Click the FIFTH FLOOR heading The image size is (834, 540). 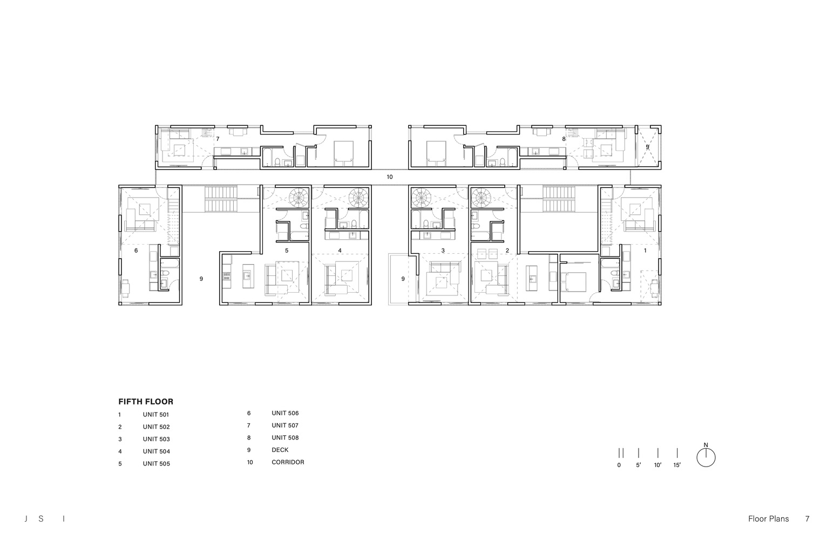[146, 401]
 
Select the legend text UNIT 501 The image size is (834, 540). [155, 415]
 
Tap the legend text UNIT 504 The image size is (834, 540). [157, 451]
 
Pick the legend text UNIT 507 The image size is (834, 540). [285, 426]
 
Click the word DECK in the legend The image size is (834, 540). [280, 450]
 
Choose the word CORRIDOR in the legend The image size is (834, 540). [288, 462]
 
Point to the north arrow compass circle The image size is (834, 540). [706, 457]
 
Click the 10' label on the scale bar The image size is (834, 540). [657, 465]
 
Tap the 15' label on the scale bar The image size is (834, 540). [677, 465]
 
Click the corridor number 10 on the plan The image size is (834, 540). [389, 177]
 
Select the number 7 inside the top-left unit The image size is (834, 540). [218, 139]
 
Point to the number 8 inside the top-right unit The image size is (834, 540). [564, 139]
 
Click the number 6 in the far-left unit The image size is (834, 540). [136, 251]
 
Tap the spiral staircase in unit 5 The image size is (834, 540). [299, 198]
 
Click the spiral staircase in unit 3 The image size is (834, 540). [421, 198]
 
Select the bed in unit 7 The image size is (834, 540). [343, 153]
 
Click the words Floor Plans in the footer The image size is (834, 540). [769, 519]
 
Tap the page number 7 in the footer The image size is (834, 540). [807, 519]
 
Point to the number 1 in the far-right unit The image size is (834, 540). [645, 251]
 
